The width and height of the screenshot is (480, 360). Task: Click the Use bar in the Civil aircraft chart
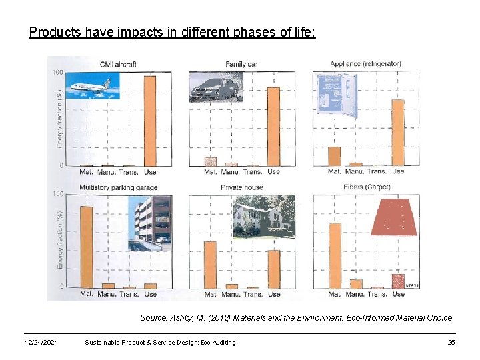[x=150, y=121]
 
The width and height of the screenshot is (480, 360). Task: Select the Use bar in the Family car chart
[x=273, y=127]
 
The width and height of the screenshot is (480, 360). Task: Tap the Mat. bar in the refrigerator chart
[x=335, y=156]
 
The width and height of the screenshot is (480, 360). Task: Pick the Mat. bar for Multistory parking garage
[x=87, y=247]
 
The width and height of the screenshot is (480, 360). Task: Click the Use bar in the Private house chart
[x=274, y=269]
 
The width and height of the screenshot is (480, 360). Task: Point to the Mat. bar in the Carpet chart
[x=335, y=255]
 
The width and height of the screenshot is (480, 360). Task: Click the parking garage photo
[x=151, y=223]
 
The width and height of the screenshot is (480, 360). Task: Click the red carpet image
[x=395, y=216]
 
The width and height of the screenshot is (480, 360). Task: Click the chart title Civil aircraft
[x=118, y=64]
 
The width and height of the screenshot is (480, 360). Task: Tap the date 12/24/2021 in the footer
[x=41, y=343]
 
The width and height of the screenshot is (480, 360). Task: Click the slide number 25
[x=451, y=343]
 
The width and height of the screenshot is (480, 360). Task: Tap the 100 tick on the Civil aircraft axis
[x=58, y=72]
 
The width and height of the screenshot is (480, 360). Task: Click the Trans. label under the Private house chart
[x=253, y=294]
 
